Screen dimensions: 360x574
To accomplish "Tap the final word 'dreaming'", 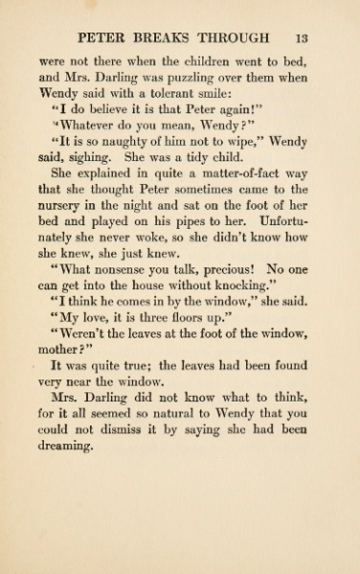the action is [x=64, y=447].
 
